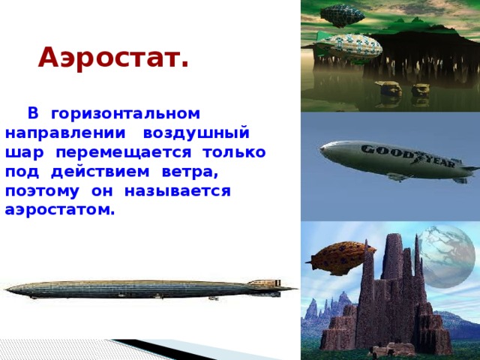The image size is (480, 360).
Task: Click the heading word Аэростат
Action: pyautogui.click(x=113, y=56)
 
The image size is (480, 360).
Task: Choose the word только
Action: pyautogui.click(x=235, y=153)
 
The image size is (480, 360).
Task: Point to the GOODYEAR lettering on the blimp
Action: pyautogui.click(x=402, y=157)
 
